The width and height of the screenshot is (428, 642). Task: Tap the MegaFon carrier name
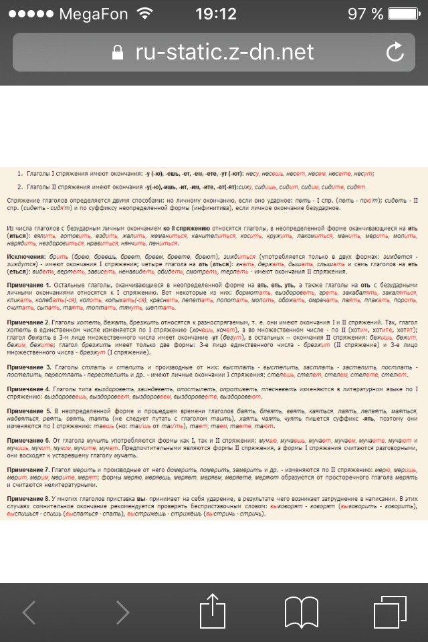click(93, 13)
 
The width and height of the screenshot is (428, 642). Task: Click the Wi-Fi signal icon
click(144, 13)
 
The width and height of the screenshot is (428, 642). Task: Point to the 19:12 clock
click(215, 13)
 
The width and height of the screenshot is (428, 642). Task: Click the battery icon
click(403, 13)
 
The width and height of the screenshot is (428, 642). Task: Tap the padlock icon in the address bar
click(118, 52)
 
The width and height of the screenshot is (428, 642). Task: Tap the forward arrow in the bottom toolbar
click(122, 612)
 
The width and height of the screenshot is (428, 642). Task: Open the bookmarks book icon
click(301, 612)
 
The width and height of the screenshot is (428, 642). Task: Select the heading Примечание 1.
click(29, 286)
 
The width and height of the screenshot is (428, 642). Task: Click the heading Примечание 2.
click(29, 322)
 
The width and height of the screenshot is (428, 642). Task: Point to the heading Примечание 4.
click(29, 389)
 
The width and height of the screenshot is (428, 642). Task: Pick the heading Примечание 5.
click(29, 411)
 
